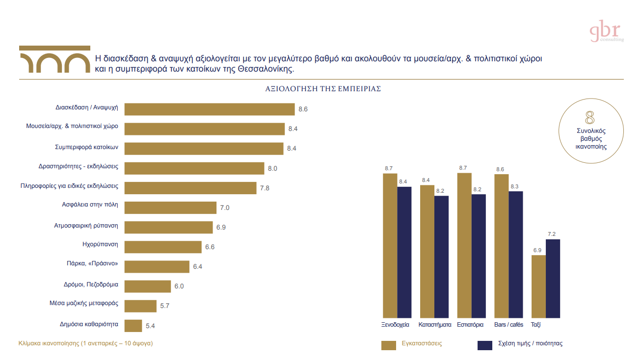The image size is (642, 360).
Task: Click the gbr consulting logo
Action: (606, 32)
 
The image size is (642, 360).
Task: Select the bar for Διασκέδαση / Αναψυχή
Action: (210, 109)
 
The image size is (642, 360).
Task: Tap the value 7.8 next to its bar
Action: (265, 188)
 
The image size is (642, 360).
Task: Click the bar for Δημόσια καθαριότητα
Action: (134, 325)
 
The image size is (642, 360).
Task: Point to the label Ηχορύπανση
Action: (100, 244)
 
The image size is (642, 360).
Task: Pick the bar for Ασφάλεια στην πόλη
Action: (170, 207)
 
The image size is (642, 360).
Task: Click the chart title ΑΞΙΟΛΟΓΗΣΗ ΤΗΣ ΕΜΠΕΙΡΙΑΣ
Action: (323, 89)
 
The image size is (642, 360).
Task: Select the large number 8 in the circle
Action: (590, 118)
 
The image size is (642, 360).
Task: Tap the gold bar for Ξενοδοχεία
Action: (390, 245)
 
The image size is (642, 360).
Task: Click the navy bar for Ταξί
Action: (553, 278)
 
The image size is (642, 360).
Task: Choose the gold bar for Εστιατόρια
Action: (464, 245)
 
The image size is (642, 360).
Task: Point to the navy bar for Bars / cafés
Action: (516, 254)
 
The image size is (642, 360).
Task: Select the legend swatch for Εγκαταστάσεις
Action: (388, 345)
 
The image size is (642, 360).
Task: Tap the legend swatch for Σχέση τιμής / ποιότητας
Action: (485, 345)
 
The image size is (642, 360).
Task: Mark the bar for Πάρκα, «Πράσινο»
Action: (157, 266)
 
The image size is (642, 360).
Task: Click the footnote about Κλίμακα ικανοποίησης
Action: (85, 343)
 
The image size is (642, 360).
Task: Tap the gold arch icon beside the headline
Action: (54, 60)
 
